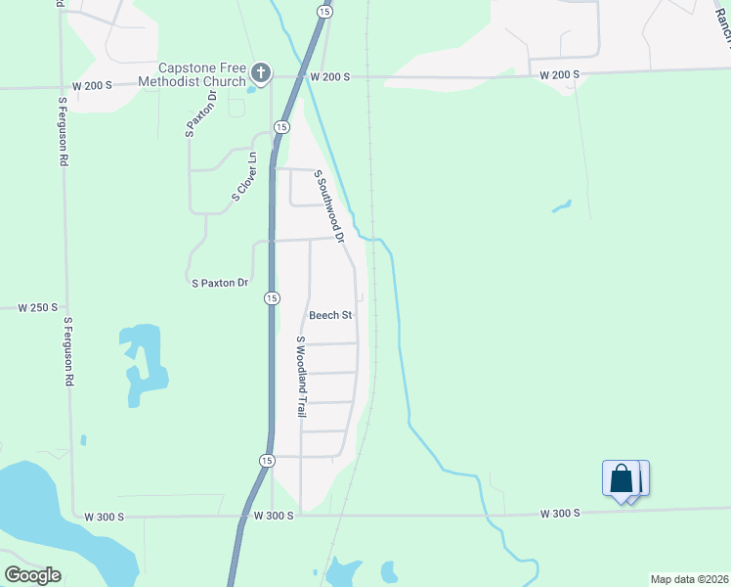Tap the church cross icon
(260, 71)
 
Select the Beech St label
(329, 315)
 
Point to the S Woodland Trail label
(302, 378)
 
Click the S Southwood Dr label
(329, 205)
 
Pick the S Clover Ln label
(243, 177)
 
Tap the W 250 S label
(38, 307)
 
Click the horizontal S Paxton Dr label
(220, 283)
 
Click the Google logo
(32, 575)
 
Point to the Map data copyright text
(689, 579)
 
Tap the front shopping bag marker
(622, 479)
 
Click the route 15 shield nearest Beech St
(272, 297)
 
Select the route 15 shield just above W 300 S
(267, 460)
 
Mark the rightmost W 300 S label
(561, 513)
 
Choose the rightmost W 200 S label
(560, 74)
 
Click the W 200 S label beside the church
(330, 75)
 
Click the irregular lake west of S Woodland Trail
(142, 362)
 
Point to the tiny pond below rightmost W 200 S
(561, 206)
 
